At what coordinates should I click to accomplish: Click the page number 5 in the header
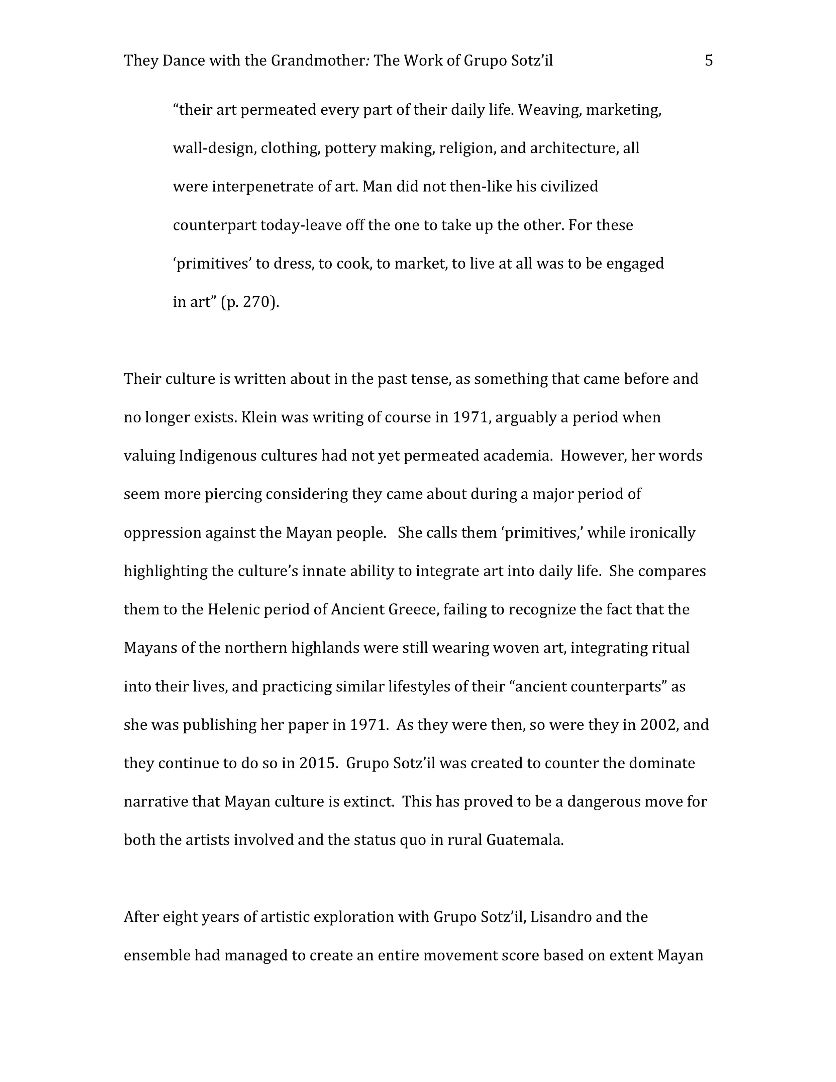click(x=709, y=61)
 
